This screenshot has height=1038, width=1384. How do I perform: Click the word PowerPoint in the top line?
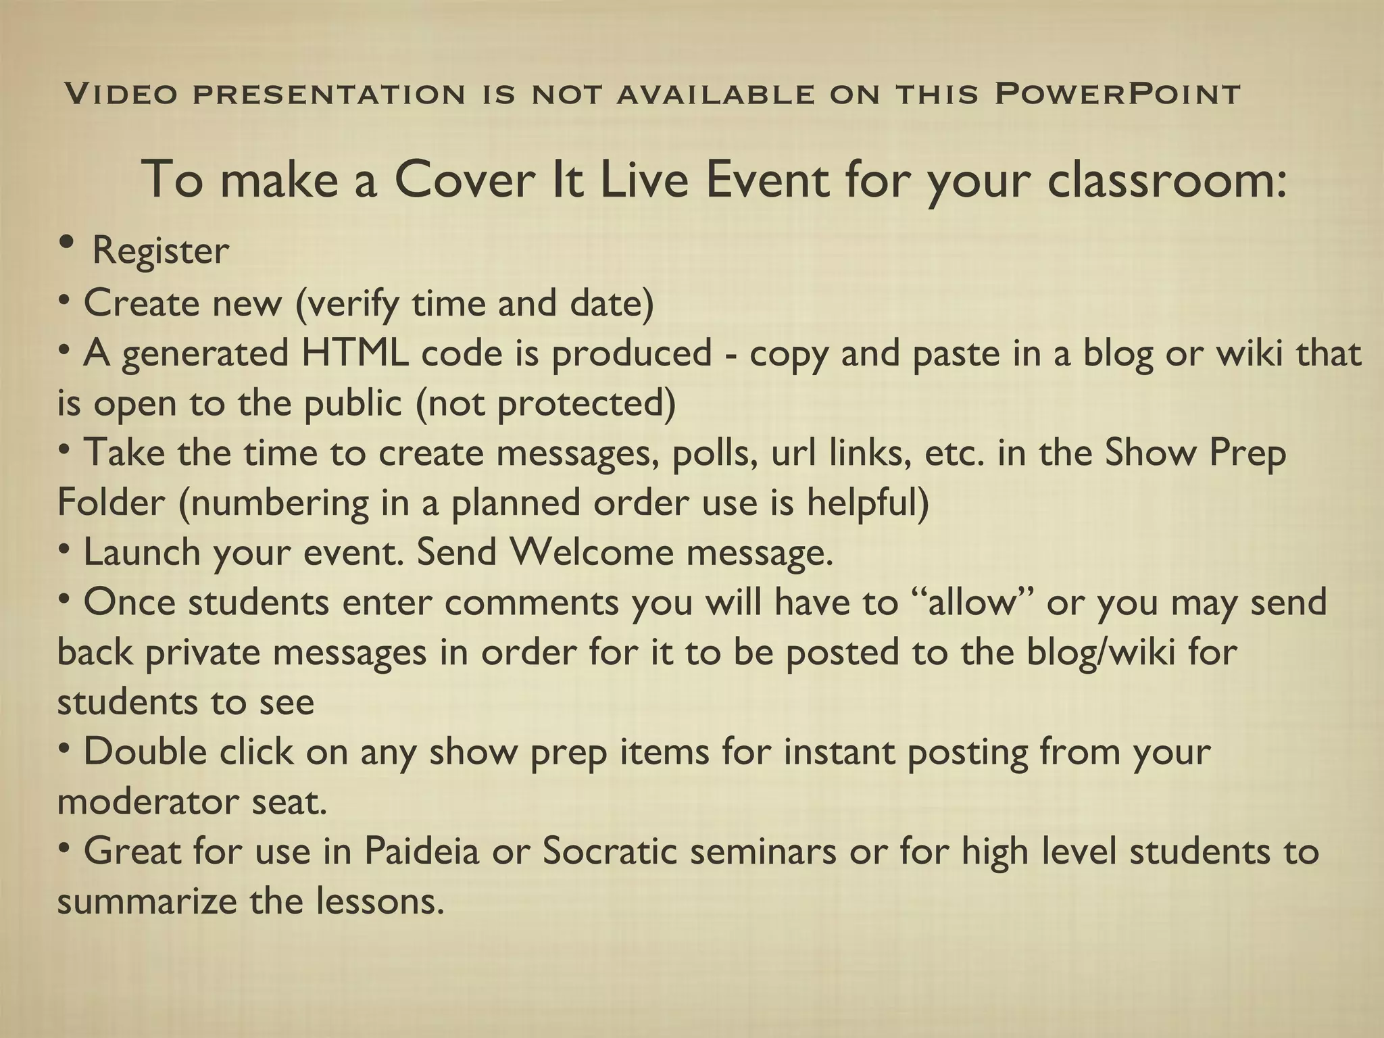pyautogui.click(x=1117, y=94)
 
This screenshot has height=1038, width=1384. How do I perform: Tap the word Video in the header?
pyautogui.click(x=121, y=94)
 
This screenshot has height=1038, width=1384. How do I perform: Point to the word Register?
pyautogui.click(x=160, y=251)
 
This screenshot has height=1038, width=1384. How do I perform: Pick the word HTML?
pyautogui.click(x=354, y=353)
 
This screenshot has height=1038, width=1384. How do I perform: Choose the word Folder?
pyautogui.click(x=111, y=503)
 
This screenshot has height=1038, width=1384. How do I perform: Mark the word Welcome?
pyautogui.click(x=592, y=553)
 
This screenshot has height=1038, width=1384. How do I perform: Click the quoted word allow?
pyautogui.click(x=974, y=602)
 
